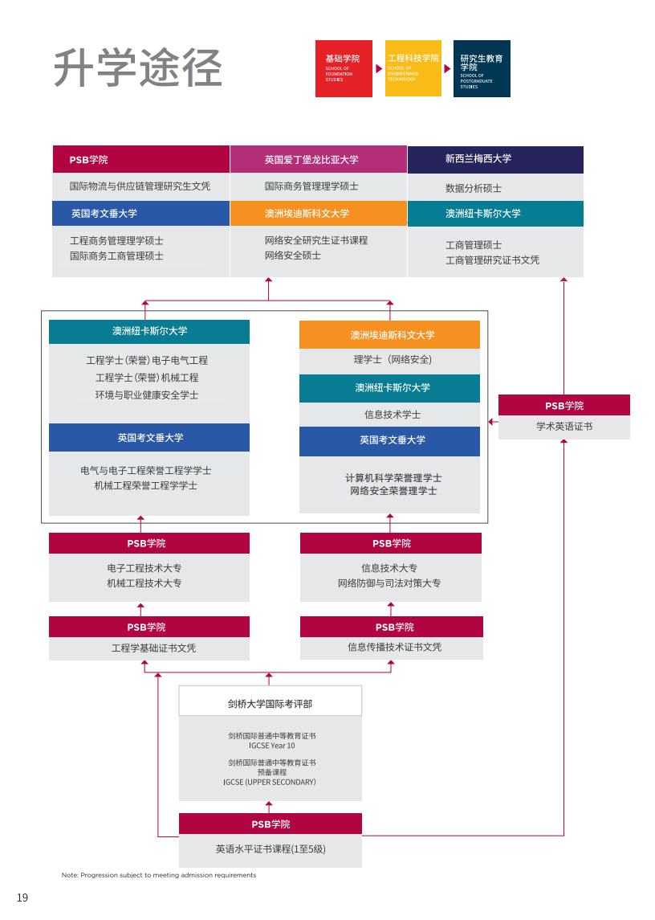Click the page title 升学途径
click(x=137, y=68)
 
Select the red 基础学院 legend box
click(x=343, y=68)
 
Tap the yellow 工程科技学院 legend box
click(x=413, y=67)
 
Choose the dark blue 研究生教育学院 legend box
click(x=482, y=68)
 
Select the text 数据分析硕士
click(x=474, y=189)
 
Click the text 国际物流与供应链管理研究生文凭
click(x=140, y=186)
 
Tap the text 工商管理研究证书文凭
click(x=492, y=260)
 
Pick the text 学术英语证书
click(x=563, y=427)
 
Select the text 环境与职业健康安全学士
click(x=147, y=395)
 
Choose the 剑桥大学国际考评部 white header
click(x=270, y=704)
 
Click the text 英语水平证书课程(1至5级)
click(x=271, y=848)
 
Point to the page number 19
click(x=22, y=898)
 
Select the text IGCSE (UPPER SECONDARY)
click(x=270, y=782)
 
